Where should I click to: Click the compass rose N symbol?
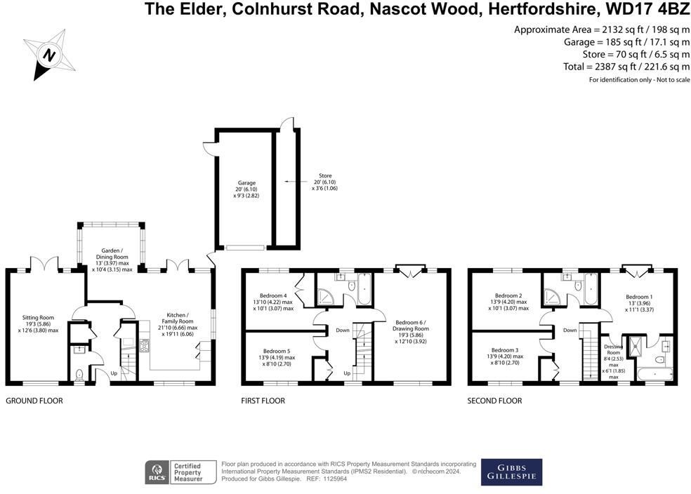tap(49, 55)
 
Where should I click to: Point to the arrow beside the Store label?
tap(294, 182)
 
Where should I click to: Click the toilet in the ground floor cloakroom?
tap(79, 375)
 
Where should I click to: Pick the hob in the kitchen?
tap(145, 346)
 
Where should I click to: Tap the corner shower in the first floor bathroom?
tap(326, 297)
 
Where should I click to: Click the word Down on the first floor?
tap(343, 331)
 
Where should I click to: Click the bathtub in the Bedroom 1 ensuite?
tap(654, 374)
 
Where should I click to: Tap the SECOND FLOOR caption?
tap(494, 401)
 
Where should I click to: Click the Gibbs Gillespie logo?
tap(511, 472)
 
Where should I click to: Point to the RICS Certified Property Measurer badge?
tap(180, 472)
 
